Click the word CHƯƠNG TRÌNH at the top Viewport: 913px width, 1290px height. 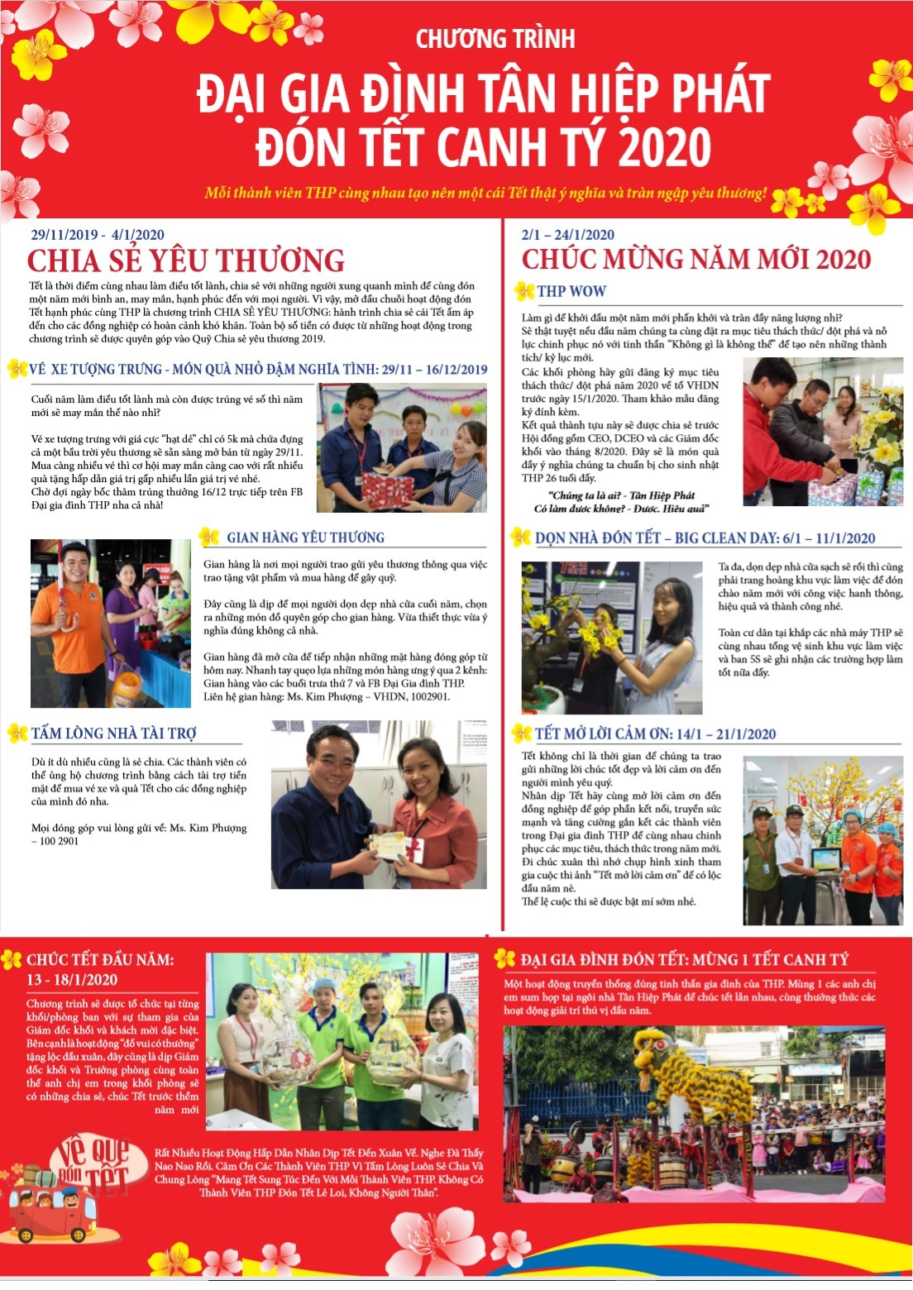[495, 39]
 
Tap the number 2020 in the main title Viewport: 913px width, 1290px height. [665, 147]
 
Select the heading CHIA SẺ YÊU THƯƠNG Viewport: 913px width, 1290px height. [186, 260]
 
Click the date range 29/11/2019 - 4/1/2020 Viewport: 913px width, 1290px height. [98, 235]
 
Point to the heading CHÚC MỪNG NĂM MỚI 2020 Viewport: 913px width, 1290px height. [696, 259]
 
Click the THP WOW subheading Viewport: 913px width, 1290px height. [571, 291]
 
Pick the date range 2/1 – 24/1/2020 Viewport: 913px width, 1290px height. [567, 235]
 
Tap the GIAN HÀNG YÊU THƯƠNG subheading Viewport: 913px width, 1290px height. [305, 537]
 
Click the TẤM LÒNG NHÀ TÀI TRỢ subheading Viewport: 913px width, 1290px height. [113, 733]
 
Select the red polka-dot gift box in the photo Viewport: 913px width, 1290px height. [386, 488]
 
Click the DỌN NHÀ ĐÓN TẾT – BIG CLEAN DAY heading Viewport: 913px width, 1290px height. [705, 538]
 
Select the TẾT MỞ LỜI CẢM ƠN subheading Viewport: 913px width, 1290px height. [655, 734]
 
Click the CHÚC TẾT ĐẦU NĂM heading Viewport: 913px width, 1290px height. [100, 960]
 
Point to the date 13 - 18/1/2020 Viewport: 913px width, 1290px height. [72, 980]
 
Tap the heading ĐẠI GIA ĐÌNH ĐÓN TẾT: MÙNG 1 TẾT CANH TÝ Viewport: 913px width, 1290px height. [684, 960]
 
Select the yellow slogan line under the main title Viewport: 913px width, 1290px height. [486, 193]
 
